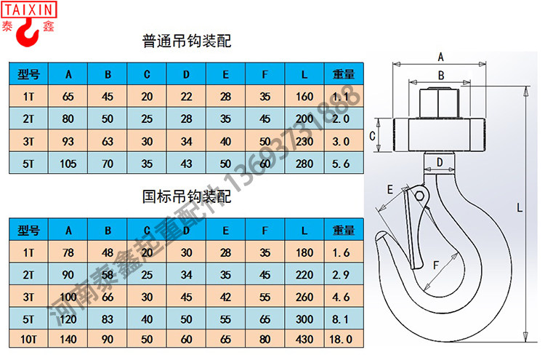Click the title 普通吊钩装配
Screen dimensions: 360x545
[x=187, y=41]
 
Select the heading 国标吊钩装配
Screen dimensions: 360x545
[x=187, y=197]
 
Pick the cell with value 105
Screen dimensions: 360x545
[x=69, y=164]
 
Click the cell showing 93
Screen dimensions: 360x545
[x=69, y=141]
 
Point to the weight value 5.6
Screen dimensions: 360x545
[x=342, y=164]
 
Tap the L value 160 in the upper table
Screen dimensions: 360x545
[x=304, y=97]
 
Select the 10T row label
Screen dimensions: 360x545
[x=28, y=339]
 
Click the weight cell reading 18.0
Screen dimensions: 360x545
[x=342, y=339]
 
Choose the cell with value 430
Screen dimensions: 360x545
[x=304, y=339]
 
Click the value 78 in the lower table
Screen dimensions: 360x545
[x=69, y=252]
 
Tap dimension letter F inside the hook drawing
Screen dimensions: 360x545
[x=435, y=264]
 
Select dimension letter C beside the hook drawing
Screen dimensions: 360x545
[x=371, y=136]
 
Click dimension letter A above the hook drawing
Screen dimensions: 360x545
[x=440, y=56]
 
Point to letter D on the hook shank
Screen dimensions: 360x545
[x=440, y=161]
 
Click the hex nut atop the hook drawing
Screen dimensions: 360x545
[x=440, y=103]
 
